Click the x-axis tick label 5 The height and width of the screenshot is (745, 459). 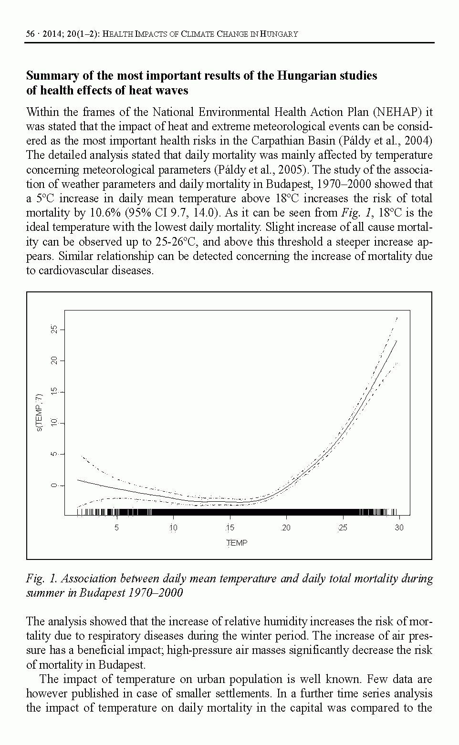coord(116,528)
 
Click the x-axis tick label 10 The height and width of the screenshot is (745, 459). coord(173,528)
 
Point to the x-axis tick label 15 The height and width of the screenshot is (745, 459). coord(229,528)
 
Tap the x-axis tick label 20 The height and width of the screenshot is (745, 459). coord(286,528)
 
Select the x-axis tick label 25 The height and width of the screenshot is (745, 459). coord(343,528)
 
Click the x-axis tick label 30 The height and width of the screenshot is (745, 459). coord(399,528)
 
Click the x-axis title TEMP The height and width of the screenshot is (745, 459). coord(237,543)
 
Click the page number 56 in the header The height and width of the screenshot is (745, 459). coord(31,34)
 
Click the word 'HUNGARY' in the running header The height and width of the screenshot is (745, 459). coord(281,34)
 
